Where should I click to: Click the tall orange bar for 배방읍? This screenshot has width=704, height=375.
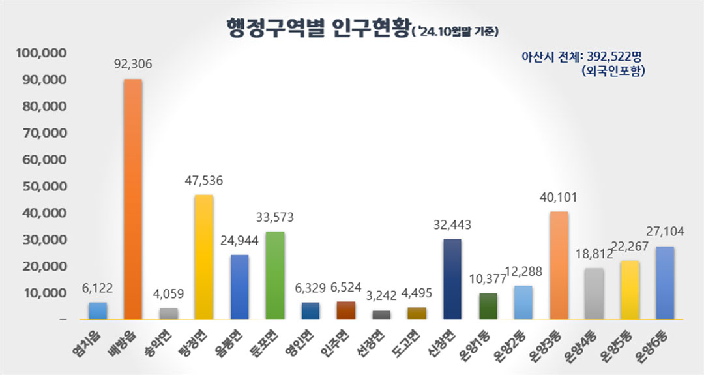(x=133, y=199)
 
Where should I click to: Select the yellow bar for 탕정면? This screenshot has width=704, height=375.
(x=203, y=257)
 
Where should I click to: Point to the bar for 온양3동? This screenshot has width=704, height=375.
(x=559, y=265)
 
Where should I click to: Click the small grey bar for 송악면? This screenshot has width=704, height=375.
(x=168, y=314)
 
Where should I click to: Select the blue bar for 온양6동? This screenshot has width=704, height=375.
(x=664, y=283)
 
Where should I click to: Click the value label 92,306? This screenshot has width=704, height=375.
(x=134, y=64)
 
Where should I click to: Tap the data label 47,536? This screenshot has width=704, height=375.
(x=203, y=181)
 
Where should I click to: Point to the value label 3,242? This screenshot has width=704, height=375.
(x=381, y=295)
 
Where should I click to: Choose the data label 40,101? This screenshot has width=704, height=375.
(x=559, y=197)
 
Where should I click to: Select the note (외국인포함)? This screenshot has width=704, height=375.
(x=613, y=72)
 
